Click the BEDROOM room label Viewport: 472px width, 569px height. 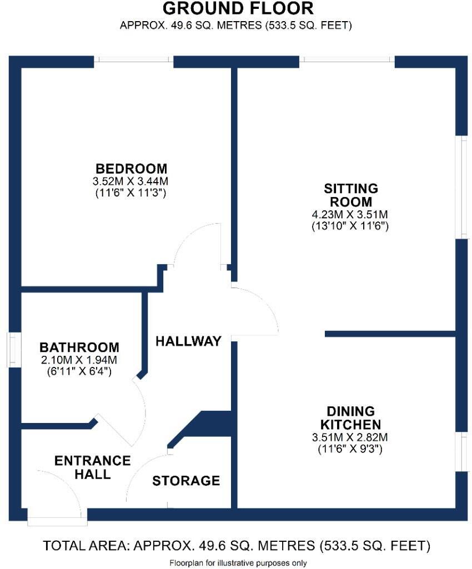[x=132, y=168]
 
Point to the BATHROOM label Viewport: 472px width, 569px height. [x=79, y=348]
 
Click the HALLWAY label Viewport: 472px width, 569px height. [x=188, y=341]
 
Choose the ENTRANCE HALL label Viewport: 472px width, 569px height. [x=92, y=467]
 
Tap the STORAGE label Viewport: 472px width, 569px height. [x=186, y=481]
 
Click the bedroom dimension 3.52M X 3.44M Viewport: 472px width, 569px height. [x=132, y=182]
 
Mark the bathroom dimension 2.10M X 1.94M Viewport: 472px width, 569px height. [x=79, y=360]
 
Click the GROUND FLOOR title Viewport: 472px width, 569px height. [x=238, y=9]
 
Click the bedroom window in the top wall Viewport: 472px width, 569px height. [x=133, y=59]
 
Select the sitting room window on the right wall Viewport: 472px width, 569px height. [x=461, y=187]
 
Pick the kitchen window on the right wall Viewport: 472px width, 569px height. [x=461, y=451]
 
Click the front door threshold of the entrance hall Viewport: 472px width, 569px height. [x=57, y=521]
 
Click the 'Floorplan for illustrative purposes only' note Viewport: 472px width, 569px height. [x=237, y=562]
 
